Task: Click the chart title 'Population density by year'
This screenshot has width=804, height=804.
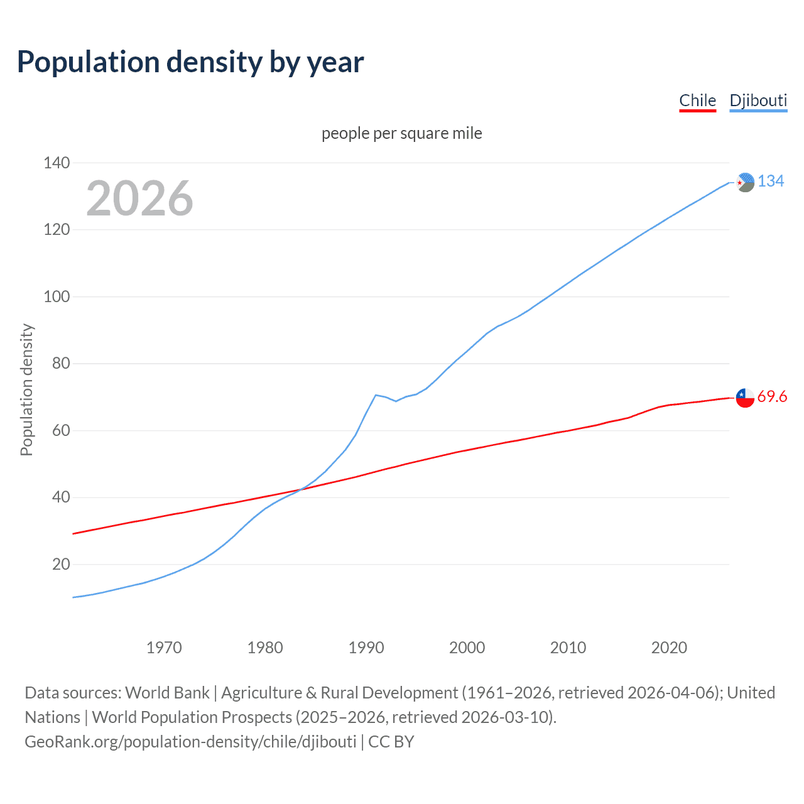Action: tap(190, 62)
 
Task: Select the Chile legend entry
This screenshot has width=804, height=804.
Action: tap(697, 100)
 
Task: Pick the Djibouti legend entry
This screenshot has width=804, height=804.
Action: tap(758, 100)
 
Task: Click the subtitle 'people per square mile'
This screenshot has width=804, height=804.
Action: tap(401, 133)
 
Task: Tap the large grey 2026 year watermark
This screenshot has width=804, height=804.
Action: tap(139, 198)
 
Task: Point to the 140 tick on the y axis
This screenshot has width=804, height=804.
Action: tap(57, 163)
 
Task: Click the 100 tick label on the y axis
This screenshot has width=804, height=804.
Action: tap(57, 296)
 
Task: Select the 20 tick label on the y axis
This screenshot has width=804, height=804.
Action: tap(61, 564)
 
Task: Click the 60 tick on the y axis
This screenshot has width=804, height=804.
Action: tap(61, 430)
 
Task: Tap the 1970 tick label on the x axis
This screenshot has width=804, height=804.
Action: tap(164, 648)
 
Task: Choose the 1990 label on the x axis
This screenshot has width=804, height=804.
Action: tap(366, 648)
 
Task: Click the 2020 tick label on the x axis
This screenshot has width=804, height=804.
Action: tap(669, 648)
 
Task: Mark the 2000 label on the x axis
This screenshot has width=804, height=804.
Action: tap(467, 648)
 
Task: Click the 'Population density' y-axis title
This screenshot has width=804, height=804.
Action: tap(26, 389)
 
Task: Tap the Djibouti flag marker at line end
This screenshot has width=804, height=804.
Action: tap(745, 182)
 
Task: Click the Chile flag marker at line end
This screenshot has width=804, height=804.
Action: tap(745, 398)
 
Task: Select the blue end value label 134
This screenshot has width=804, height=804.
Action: tap(771, 181)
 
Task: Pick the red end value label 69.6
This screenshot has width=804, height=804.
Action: tap(772, 396)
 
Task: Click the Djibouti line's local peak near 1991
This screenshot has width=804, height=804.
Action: tap(376, 395)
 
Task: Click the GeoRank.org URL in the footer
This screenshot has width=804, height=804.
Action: tap(190, 742)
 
